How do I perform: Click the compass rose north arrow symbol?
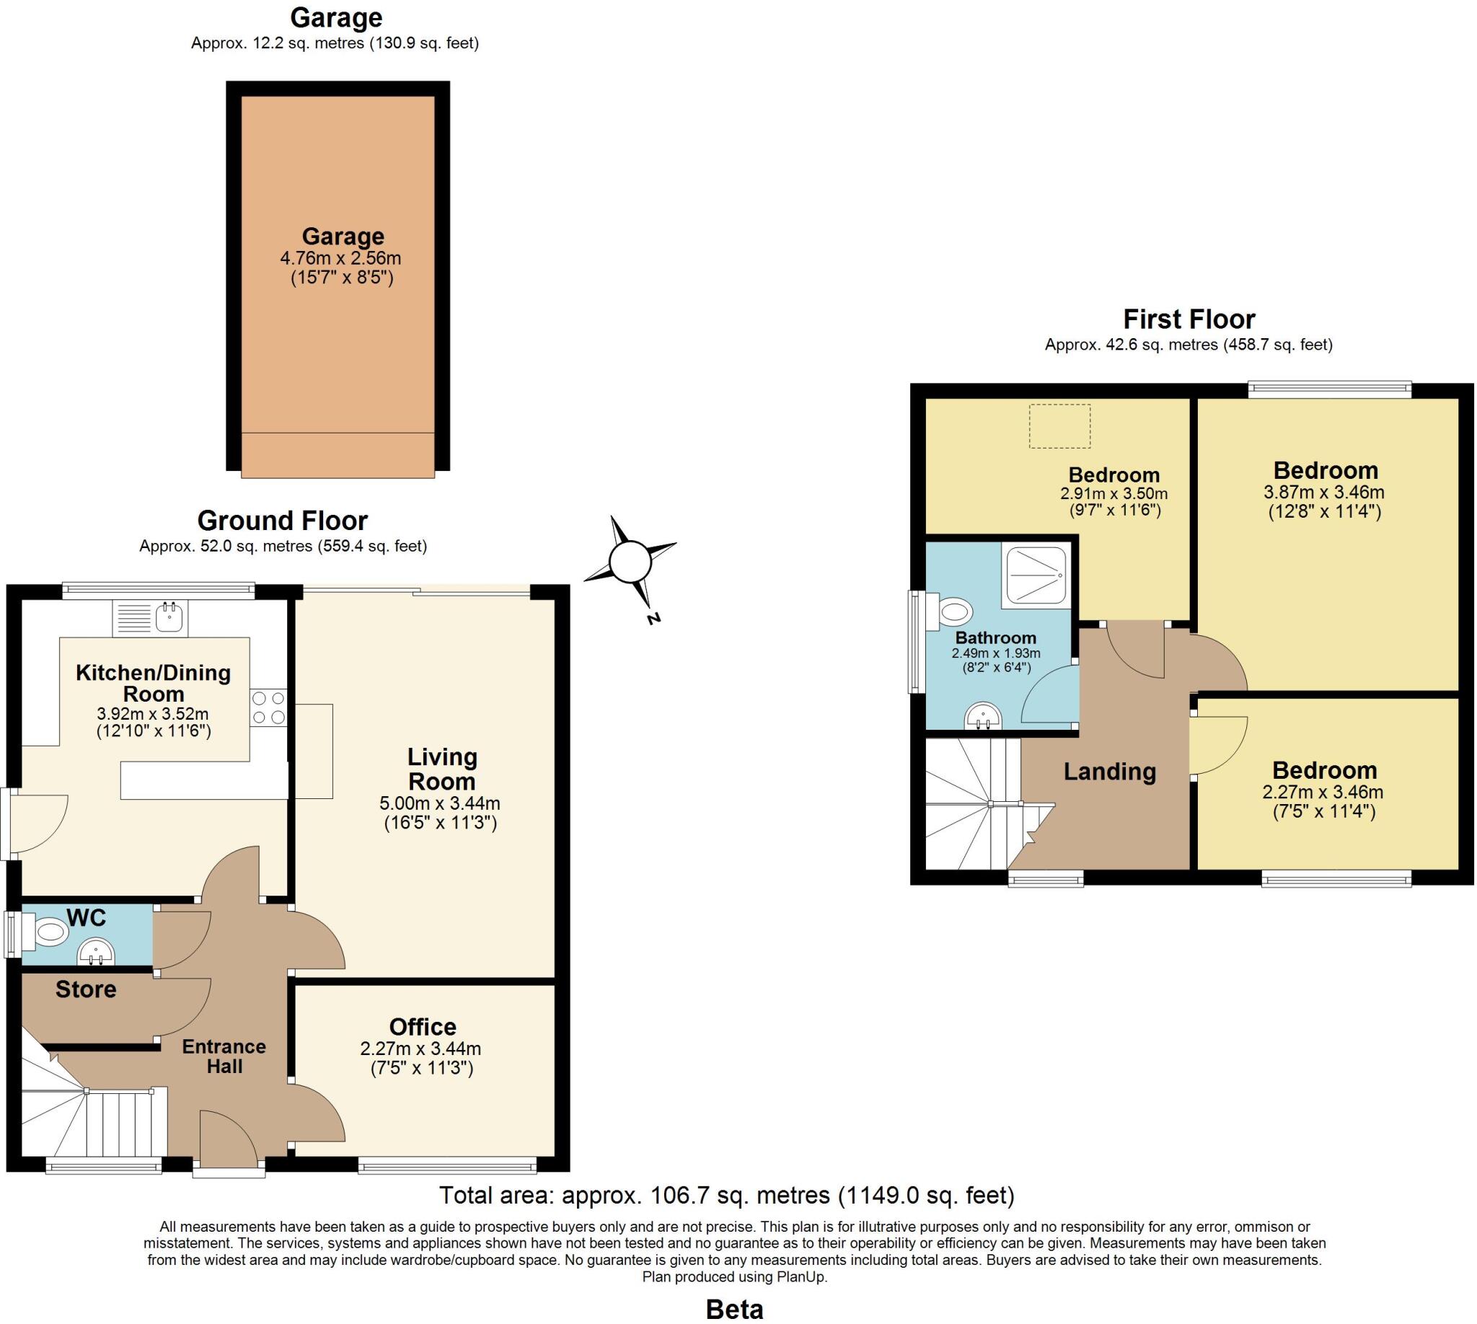pyautogui.click(x=630, y=562)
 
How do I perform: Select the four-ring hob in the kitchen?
pyautogui.click(x=268, y=707)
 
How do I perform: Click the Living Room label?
pyautogui.click(x=441, y=769)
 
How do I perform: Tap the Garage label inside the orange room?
pyautogui.click(x=343, y=237)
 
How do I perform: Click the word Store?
pyautogui.click(x=86, y=989)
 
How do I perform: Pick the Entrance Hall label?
pyautogui.click(x=224, y=1056)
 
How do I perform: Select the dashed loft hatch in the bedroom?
pyautogui.click(x=1059, y=426)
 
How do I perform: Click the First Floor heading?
pyautogui.click(x=1189, y=319)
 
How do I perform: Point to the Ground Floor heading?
pyautogui.click(x=282, y=521)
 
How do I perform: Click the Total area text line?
pyautogui.click(x=726, y=1194)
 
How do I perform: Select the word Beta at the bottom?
pyautogui.click(x=734, y=1309)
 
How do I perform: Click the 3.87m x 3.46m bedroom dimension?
pyautogui.click(x=1323, y=492)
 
